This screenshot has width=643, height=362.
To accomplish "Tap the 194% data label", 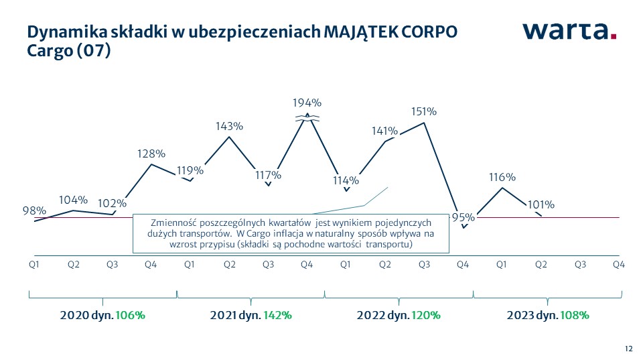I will [x=307, y=103].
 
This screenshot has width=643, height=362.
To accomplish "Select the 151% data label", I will [x=424, y=112].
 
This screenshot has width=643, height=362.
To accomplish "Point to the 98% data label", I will [x=34, y=210].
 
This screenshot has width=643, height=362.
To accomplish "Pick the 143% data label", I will [x=229, y=126].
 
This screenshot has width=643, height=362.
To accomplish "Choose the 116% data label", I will [x=502, y=177].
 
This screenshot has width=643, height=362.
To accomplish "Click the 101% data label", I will [x=541, y=204].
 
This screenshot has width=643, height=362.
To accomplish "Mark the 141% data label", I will [x=385, y=131].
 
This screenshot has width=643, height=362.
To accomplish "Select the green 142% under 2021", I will [x=277, y=315].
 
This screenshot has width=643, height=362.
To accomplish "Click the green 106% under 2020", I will [x=131, y=315].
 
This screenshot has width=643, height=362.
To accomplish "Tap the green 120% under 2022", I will [x=426, y=315].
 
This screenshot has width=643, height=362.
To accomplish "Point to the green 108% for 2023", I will [x=575, y=315].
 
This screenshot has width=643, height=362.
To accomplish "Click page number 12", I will [x=628, y=349].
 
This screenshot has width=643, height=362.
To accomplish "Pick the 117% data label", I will [x=268, y=175].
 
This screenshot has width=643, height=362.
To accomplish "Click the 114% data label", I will [x=346, y=180].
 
